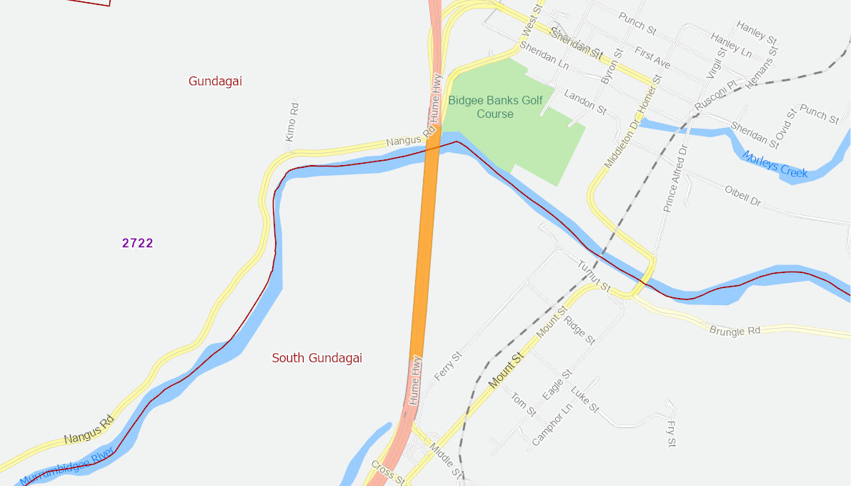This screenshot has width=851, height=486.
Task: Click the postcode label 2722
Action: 137,243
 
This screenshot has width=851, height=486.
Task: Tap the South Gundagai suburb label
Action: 317,358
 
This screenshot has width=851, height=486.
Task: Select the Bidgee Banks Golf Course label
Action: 495,107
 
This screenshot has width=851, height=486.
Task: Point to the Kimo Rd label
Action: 291,121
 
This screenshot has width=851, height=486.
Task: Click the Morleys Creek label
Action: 775,164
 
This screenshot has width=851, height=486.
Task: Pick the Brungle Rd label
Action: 735,331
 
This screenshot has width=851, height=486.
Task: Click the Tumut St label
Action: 594,277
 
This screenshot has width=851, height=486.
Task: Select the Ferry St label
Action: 444,366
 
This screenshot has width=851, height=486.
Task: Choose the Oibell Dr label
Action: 743,196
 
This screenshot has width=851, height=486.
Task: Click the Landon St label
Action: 584,102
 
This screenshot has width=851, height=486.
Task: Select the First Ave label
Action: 652,59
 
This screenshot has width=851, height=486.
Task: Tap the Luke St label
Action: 584,400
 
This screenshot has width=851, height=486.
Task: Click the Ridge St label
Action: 579,331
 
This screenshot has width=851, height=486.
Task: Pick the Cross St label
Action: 387,472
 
